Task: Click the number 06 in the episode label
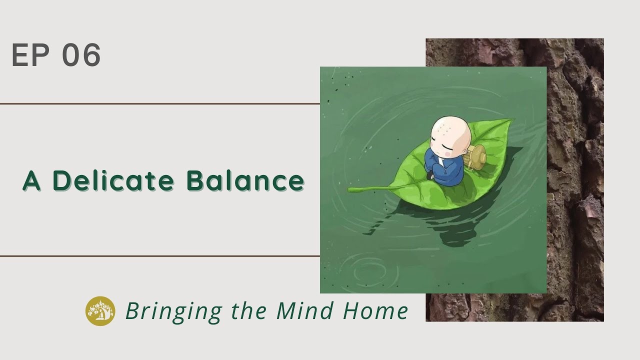tap(81, 55)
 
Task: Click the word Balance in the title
tap(245, 180)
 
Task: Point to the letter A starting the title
tap(31, 181)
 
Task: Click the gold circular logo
tap(100, 311)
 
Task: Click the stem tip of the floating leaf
tap(351, 190)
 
